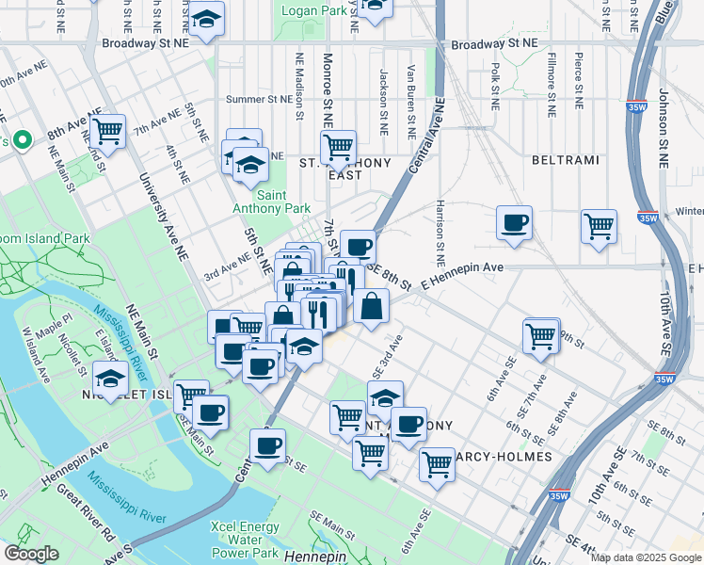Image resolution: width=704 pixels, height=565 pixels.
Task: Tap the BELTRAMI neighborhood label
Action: click(x=565, y=160)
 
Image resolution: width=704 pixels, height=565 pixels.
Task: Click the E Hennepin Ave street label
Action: click(x=462, y=268)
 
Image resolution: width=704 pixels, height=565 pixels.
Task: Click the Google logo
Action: click(x=31, y=554)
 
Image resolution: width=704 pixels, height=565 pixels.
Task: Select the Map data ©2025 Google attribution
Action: click(x=646, y=557)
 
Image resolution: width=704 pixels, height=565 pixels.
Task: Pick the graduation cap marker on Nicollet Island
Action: click(x=111, y=379)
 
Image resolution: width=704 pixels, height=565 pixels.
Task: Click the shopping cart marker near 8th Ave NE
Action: click(x=107, y=131)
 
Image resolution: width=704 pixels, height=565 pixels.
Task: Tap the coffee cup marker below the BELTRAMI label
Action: click(x=514, y=223)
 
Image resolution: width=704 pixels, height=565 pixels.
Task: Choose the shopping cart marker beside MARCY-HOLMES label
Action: click(x=437, y=463)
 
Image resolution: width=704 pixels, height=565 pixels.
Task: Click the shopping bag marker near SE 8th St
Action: click(x=372, y=306)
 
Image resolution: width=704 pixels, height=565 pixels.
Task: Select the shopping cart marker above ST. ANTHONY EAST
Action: click(x=337, y=146)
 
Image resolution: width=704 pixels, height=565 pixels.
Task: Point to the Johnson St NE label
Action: click(x=663, y=128)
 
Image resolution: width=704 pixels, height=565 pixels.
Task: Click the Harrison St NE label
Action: click(x=440, y=230)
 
